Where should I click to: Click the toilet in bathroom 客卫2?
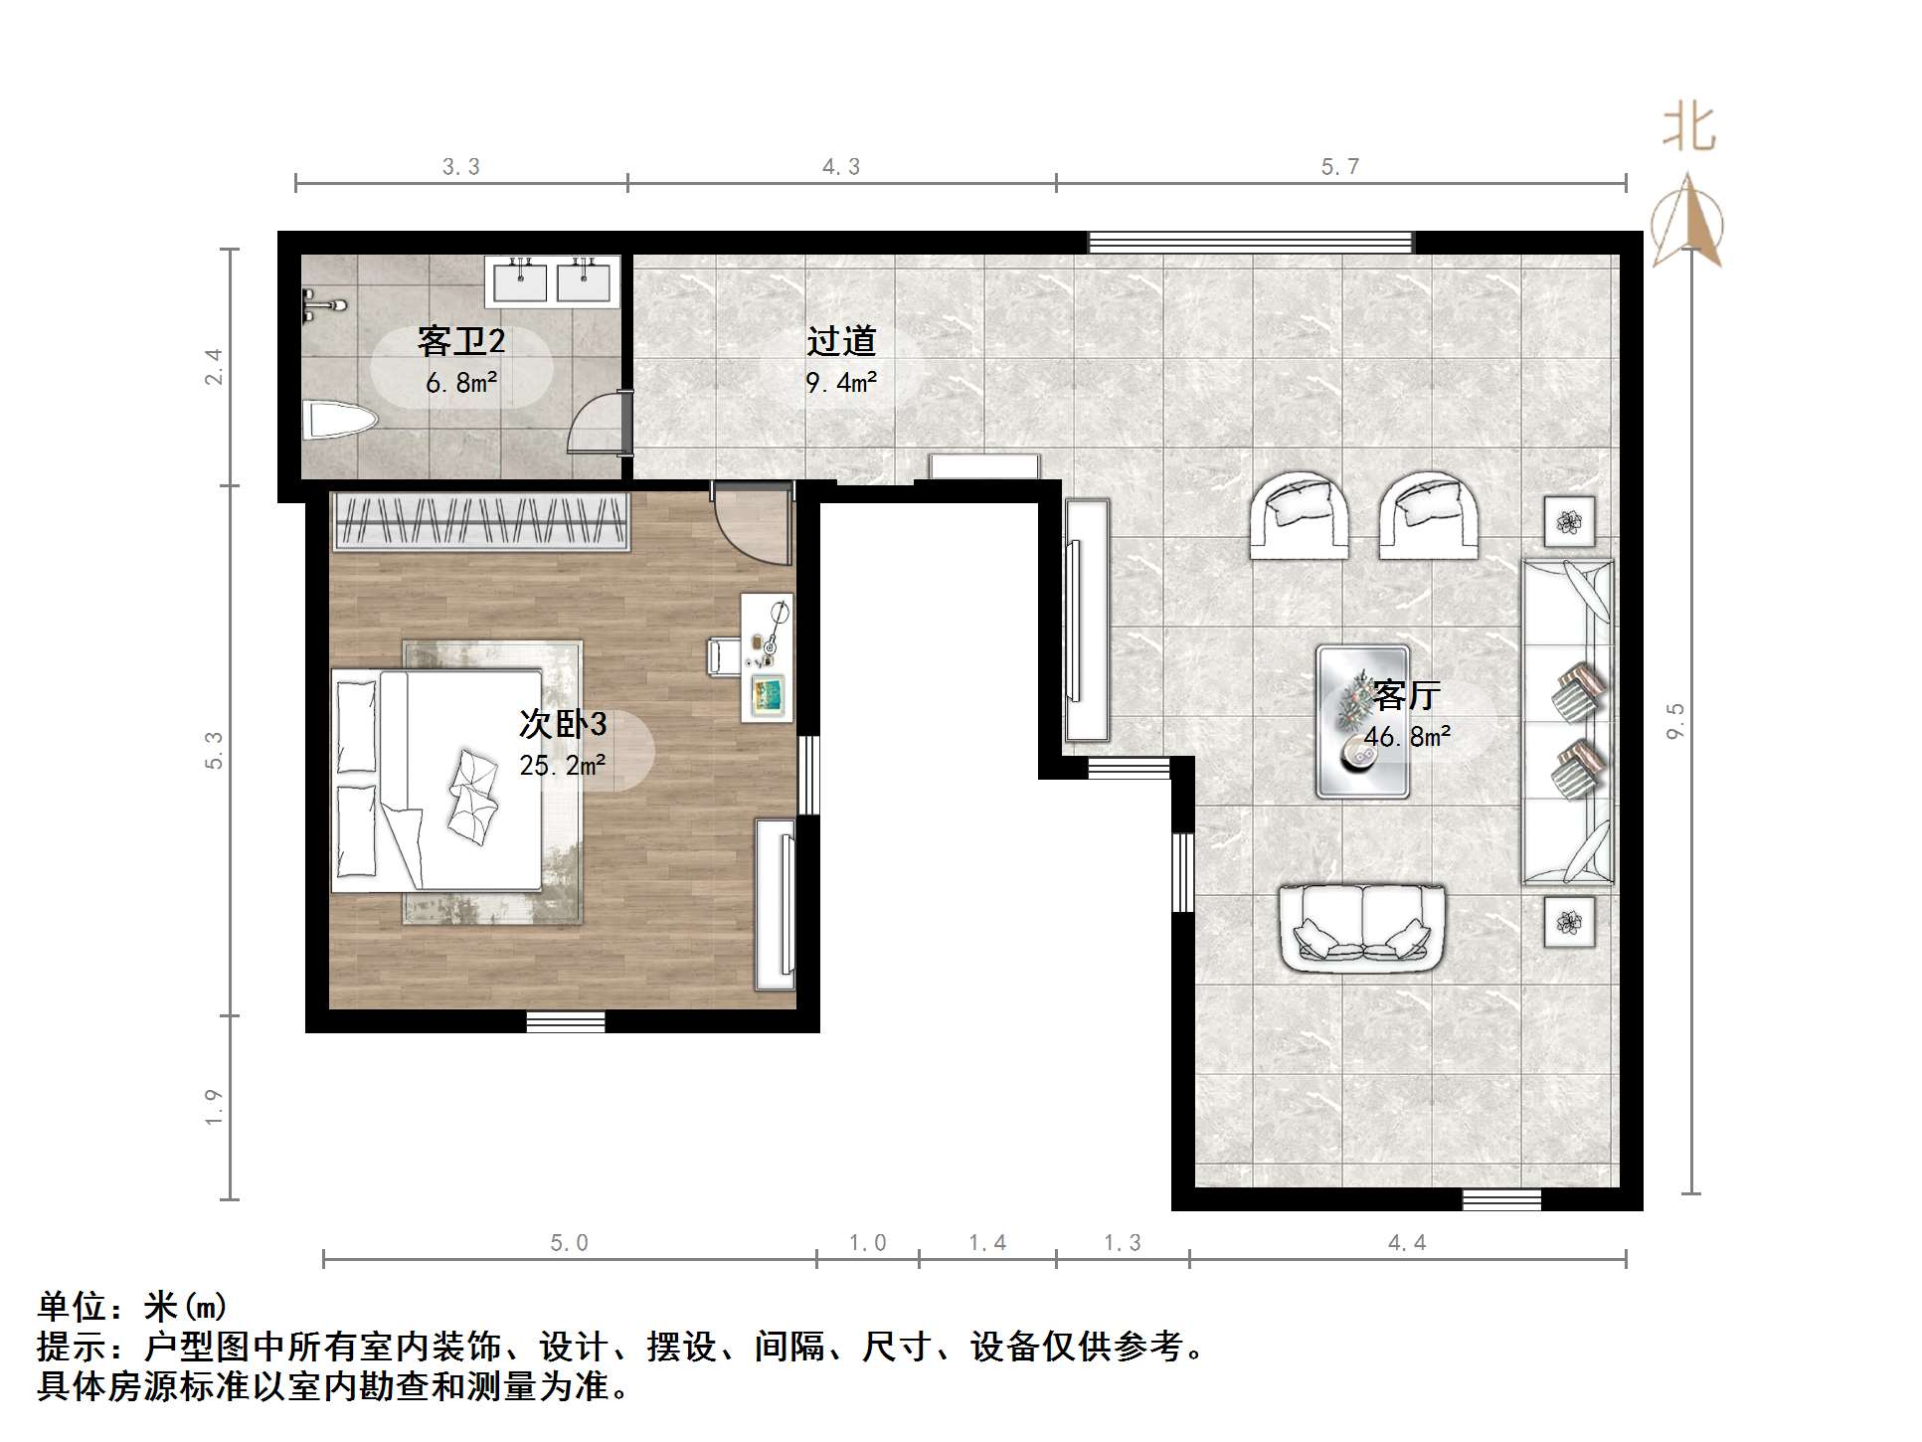pyautogui.click(x=338, y=420)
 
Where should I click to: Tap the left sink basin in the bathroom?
pyautogui.click(x=520, y=280)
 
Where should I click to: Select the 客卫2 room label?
pyautogui.click(x=461, y=341)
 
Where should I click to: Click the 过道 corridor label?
pyautogui.click(x=841, y=341)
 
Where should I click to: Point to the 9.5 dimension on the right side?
pyautogui.click(x=1676, y=721)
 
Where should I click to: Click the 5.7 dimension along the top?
pyautogui.click(x=1340, y=166)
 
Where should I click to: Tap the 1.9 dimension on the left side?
pyautogui.click(x=213, y=1107)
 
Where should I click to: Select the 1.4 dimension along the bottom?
pyautogui.click(x=987, y=1242)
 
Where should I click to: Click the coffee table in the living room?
pyautogui.click(x=1362, y=722)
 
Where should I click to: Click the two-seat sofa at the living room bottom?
pyautogui.click(x=1362, y=927)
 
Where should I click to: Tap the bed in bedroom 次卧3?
pyautogui.click(x=437, y=780)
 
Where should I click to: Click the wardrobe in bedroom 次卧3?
pyautogui.click(x=482, y=520)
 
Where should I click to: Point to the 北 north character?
pyautogui.click(x=1689, y=128)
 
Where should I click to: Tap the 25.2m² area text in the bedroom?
pyautogui.click(x=563, y=765)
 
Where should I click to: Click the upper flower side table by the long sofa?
pyautogui.click(x=1569, y=522)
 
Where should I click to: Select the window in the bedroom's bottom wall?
pyautogui.click(x=566, y=1021)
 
